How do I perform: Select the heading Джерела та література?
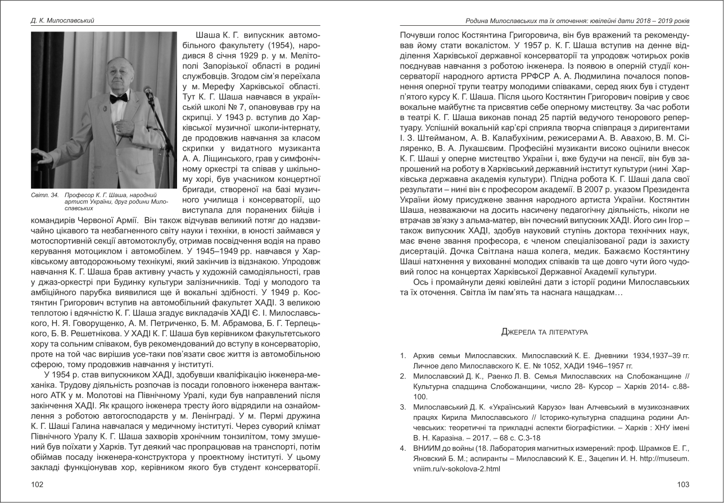(x=544, y=332)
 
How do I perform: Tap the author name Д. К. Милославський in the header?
(x=62, y=21)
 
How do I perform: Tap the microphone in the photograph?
(x=148, y=90)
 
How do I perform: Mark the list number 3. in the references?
(x=403, y=406)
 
